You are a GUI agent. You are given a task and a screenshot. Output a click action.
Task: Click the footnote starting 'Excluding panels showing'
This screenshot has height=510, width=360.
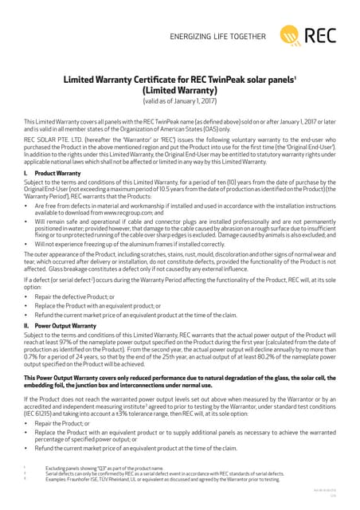[104, 469]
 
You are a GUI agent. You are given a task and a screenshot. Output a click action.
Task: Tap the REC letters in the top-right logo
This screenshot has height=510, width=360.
[321, 34]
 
